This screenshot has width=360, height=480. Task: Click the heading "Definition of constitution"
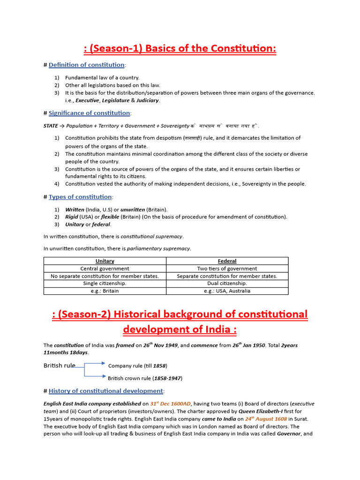coord(86,65)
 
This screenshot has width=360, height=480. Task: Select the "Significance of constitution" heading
coord(90,113)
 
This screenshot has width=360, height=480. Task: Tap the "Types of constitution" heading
coord(80,197)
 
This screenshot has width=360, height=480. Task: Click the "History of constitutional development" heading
coord(105,391)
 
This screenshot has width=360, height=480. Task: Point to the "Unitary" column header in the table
coord(105,261)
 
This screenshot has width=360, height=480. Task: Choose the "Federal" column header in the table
coord(227,261)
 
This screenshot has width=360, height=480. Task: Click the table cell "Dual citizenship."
coord(227,284)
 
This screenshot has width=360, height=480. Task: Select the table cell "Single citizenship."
coord(105,284)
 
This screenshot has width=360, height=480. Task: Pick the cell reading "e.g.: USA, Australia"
coord(227,291)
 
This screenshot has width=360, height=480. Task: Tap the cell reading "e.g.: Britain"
coord(105,291)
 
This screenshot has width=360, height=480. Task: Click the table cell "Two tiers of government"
coord(227,269)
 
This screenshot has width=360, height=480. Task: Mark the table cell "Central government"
coord(105,269)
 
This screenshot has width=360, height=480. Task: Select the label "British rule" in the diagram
coord(59,366)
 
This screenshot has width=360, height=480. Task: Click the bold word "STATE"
coord(51,126)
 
